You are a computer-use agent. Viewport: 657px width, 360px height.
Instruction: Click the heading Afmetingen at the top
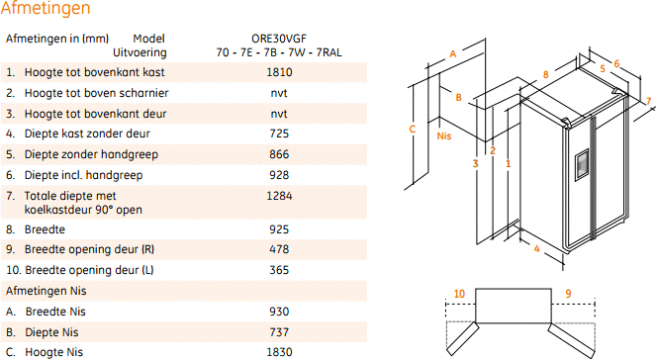pos(46,8)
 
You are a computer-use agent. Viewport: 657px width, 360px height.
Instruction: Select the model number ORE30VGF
pos(279,39)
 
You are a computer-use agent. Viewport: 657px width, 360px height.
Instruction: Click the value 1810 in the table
pos(279,72)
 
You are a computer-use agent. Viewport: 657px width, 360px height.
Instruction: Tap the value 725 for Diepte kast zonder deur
pos(279,134)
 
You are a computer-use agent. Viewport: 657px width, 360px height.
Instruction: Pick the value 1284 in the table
pos(279,196)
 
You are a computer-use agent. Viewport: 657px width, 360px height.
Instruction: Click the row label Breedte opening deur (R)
pos(89,249)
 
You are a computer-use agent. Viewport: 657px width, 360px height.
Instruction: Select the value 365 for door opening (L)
pos(279,270)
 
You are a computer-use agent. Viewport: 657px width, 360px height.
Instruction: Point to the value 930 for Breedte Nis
pos(279,312)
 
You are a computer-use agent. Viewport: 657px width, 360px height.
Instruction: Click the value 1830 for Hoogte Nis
pos(279,352)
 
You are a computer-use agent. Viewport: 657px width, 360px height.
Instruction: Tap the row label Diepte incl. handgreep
pos(83,175)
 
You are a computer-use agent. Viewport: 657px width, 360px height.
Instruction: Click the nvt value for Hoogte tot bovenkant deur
pos(279,114)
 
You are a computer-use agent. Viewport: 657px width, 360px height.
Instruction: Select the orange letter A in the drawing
pos(453,54)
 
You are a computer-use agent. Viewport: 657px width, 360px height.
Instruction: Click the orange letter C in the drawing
pos(413,129)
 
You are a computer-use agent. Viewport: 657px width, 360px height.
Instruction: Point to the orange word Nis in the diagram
pos(444,136)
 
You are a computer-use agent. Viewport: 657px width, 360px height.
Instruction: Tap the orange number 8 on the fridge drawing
pos(545,74)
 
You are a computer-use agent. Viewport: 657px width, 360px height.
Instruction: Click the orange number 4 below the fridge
pos(536,249)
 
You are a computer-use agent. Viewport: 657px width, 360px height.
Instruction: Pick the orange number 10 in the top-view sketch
pos(459,294)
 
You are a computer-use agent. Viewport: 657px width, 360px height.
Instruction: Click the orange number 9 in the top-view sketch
pos(568,294)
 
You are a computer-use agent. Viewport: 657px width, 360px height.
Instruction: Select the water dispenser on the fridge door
pos(582,164)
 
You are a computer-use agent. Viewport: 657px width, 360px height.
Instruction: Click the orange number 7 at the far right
pos(649,101)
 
